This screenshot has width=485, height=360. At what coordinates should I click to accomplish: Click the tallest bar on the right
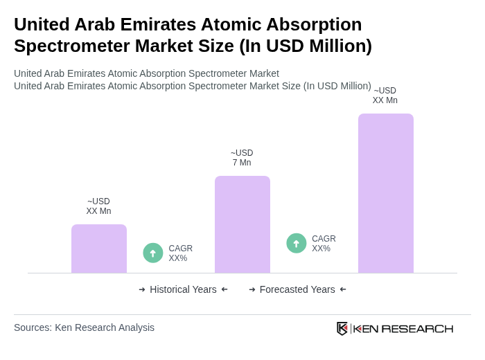click(385, 193)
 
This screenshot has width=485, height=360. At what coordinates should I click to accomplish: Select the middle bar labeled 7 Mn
click(242, 224)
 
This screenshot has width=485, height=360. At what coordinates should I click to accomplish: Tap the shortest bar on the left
click(99, 249)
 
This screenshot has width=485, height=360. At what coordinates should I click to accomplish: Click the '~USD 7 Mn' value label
click(242, 158)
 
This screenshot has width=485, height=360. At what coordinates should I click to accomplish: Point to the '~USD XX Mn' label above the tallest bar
click(385, 96)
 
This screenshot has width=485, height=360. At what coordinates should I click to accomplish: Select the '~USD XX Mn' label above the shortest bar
click(99, 206)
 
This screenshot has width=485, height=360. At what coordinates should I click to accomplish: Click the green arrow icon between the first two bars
click(153, 253)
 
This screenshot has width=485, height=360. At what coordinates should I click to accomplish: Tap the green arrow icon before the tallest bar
click(297, 244)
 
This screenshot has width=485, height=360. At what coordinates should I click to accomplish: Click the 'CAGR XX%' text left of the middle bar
click(180, 253)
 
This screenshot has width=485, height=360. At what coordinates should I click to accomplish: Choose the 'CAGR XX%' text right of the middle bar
click(324, 244)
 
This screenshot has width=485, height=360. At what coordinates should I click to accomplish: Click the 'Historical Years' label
click(183, 289)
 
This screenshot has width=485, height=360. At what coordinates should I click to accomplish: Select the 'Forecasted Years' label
click(297, 289)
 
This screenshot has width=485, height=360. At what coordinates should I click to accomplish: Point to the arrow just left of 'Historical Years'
click(142, 289)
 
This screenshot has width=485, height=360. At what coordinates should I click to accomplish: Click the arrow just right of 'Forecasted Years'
click(343, 289)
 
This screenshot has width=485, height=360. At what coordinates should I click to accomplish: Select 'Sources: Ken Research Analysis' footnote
click(84, 327)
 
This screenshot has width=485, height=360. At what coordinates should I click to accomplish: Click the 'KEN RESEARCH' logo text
click(403, 329)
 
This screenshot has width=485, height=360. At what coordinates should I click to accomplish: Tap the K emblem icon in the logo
click(342, 328)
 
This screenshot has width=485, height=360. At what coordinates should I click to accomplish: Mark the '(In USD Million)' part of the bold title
click(306, 46)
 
